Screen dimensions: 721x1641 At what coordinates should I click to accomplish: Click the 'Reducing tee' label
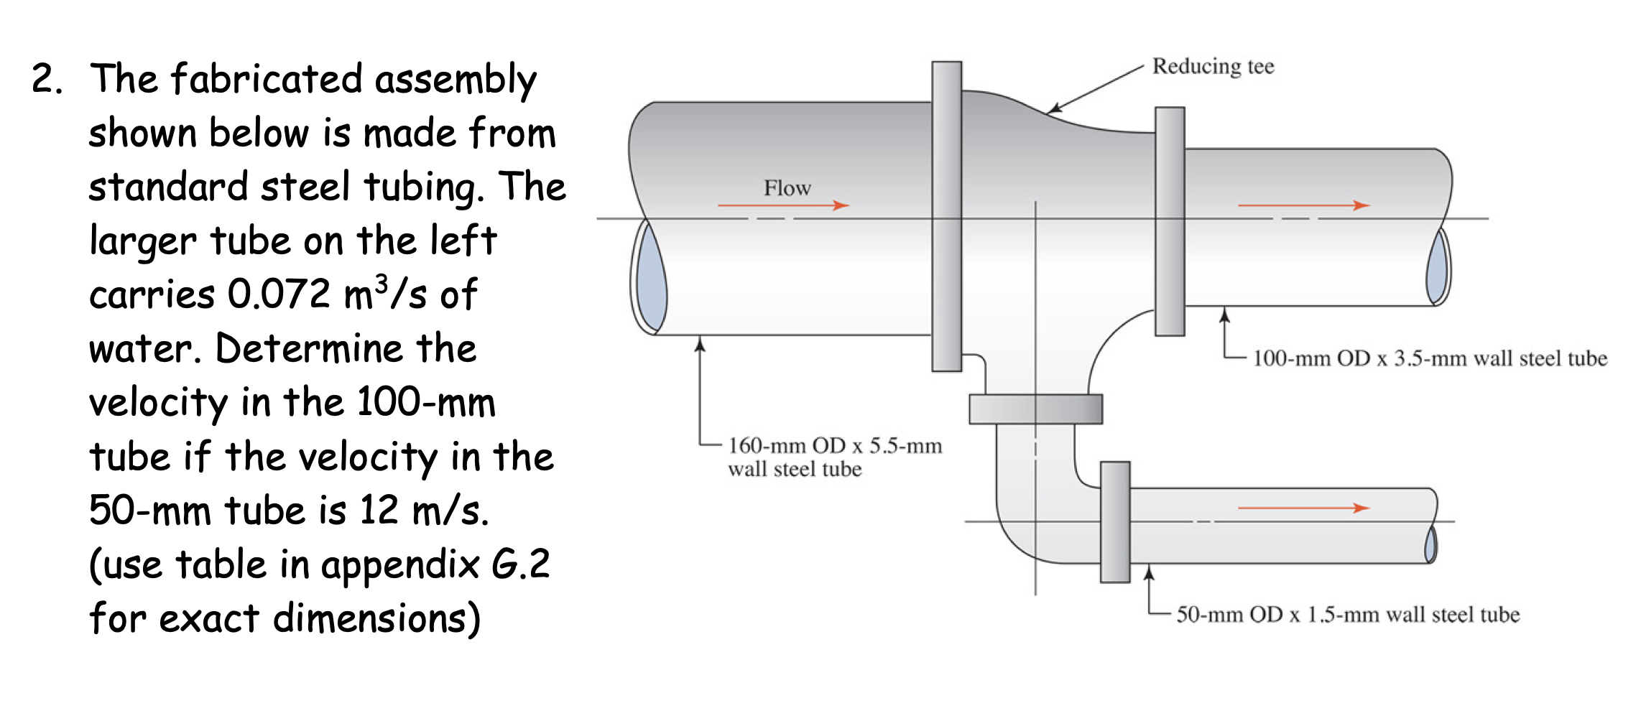[x=1213, y=66]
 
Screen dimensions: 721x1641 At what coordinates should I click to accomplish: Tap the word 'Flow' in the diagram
[x=787, y=188]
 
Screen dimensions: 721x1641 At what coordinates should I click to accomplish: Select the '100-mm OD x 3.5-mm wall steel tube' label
[x=1430, y=358]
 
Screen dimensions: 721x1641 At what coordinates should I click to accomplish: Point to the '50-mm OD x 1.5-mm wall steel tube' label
[x=1348, y=615]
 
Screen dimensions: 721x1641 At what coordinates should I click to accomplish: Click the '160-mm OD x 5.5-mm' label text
[x=835, y=446]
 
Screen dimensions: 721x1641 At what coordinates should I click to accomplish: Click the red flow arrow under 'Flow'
[x=783, y=206]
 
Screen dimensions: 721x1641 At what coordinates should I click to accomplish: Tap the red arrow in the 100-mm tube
[x=1303, y=206]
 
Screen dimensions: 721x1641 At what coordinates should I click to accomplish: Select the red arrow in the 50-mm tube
[x=1303, y=508]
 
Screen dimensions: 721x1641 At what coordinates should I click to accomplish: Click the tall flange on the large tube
[x=947, y=215]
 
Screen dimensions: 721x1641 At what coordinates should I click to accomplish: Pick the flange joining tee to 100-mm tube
[x=1170, y=221]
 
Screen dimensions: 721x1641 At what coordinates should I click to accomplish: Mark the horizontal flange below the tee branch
[x=1035, y=409]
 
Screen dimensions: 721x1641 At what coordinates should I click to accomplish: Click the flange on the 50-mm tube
[x=1115, y=521]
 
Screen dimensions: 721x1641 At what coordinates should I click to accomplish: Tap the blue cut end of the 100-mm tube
[x=1438, y=267]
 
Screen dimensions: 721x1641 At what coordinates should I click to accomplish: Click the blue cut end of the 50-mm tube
[x=1430, y=544]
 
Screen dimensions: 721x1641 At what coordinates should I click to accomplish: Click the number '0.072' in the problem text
[x=278, y=294]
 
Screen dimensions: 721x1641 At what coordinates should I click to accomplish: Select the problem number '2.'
[x=47, y=78]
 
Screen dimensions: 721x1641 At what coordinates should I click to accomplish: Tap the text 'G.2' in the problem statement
[x=520, y=564]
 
